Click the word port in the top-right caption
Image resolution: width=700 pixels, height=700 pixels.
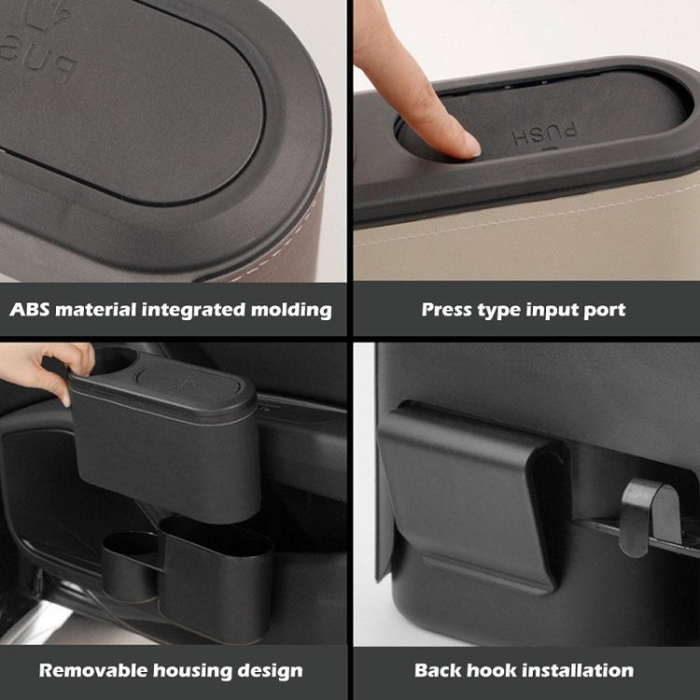tap(606, 310)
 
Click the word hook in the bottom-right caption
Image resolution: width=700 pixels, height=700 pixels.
tap(491, 670)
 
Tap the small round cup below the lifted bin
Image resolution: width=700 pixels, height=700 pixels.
tap(129, 564)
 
